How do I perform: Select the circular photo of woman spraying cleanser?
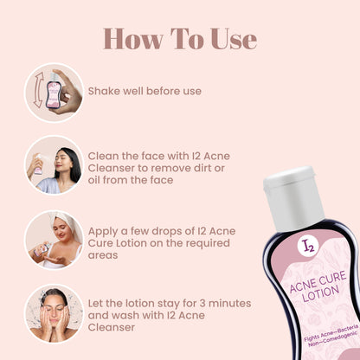pyautogui.click(x=54, y=164)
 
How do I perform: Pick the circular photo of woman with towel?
pyautogui.click(x=54, y=239)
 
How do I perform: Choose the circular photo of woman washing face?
pyautogui.click(x=54, y=312)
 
